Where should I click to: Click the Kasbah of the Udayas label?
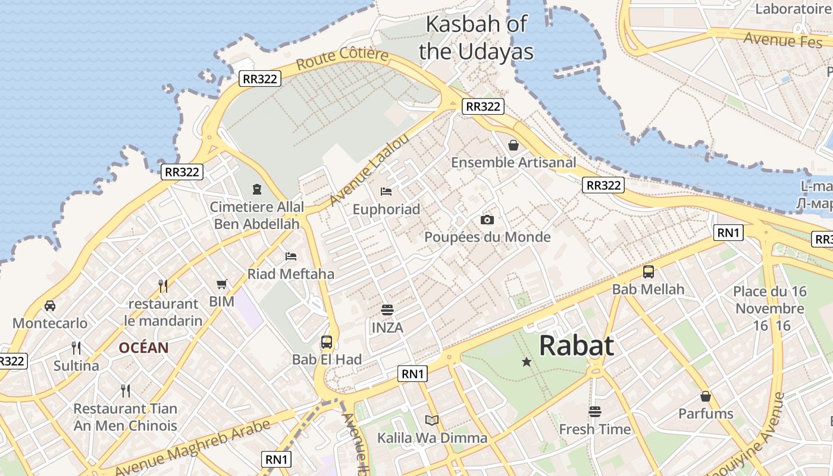click(x=477, y=38)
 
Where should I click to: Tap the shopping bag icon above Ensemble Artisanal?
click(x=513, y=145)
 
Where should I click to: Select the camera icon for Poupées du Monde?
click(x=487, y=220)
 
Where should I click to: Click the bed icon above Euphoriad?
click(x=386, y=192)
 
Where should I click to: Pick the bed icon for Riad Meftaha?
click(x=291, y=256)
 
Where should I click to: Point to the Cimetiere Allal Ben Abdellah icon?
click(x=256, y=189)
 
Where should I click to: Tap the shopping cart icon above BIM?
click(x=222, y=284)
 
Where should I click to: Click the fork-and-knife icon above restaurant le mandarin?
click(x=163, y=286)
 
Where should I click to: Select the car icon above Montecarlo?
click(x=50, y=306)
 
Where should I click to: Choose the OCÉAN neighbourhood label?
click(x=143, y=347)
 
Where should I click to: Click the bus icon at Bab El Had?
click(x=327, y=342)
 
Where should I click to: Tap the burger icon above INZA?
click(x=387, y=310)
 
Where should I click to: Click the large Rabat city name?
click(x=577, y=346)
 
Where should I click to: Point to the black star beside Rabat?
click(x=526, y=361)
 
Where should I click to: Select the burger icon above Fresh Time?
click(x=594, y=412)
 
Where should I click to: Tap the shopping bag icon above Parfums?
click(x=706, y=396)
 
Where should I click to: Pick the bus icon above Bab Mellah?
click(x=649, y=272)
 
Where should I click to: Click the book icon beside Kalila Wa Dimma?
click(x=432, y=421)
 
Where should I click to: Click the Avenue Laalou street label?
click(x=369, y=169)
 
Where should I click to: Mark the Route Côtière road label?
click(x=342, y=59)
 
